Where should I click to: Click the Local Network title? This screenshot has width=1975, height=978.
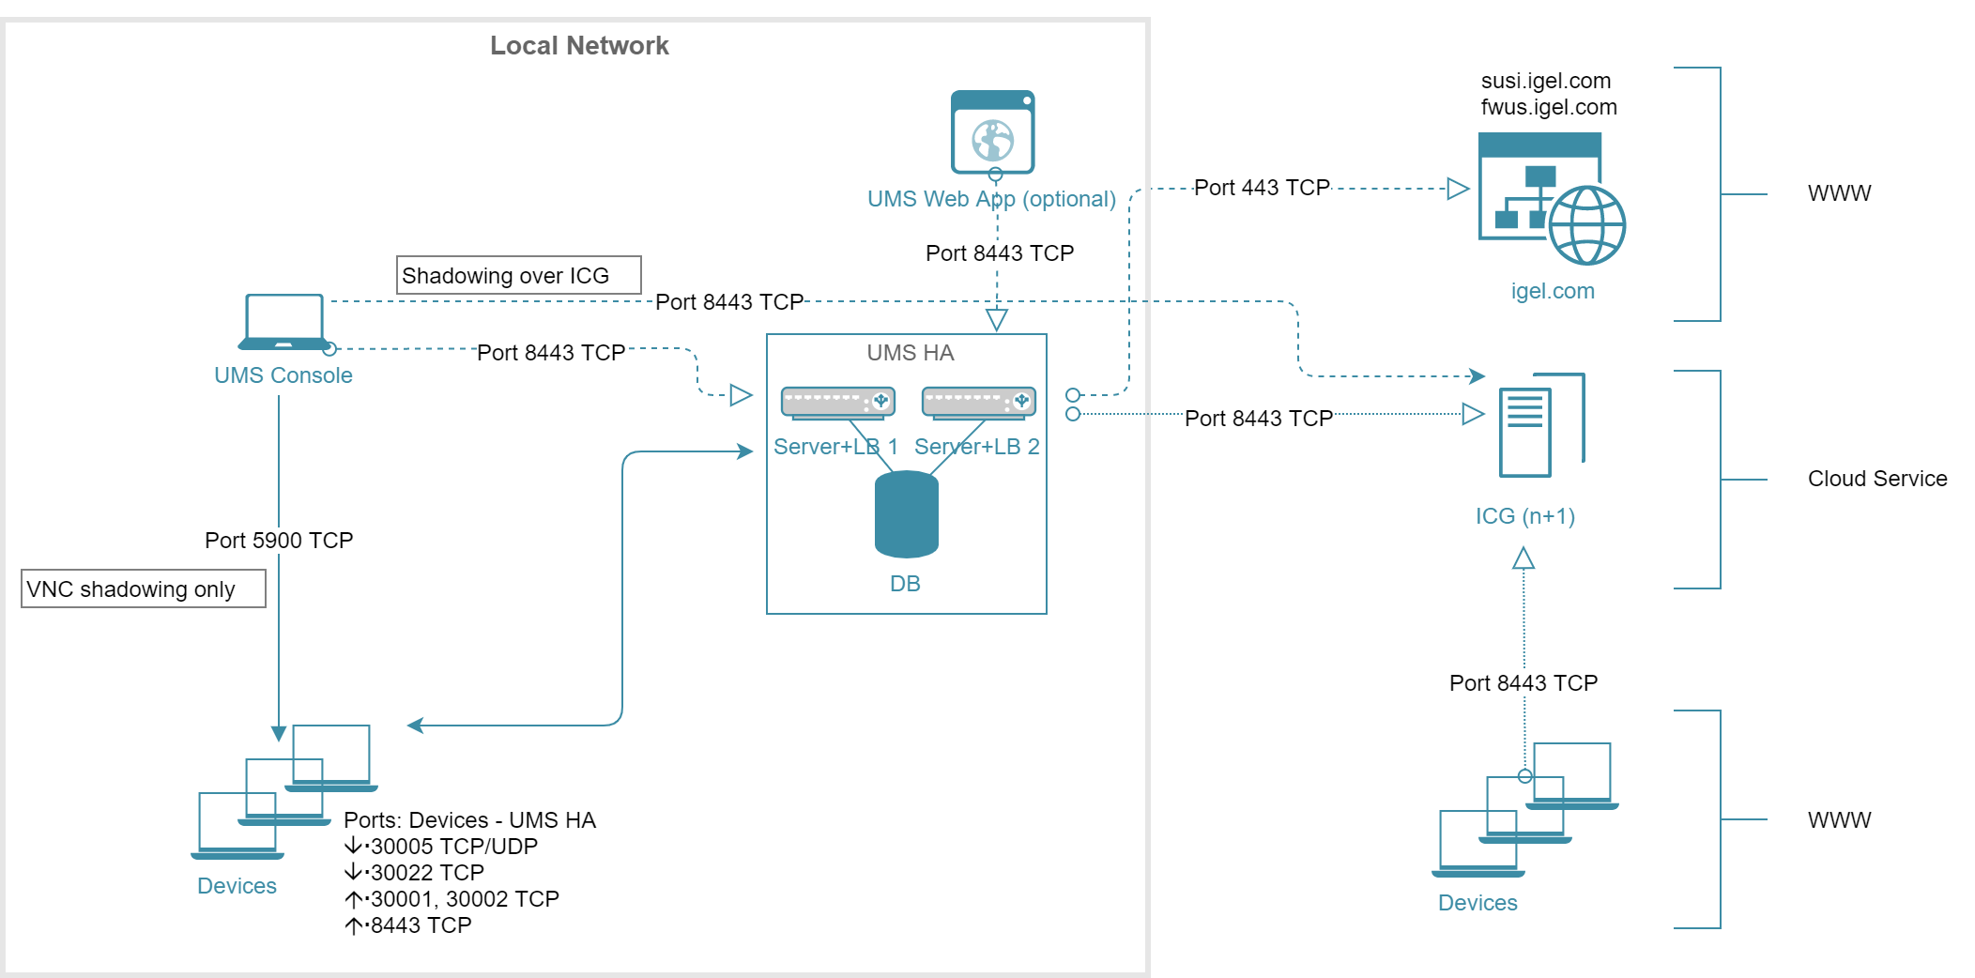pyautogui.click(x=579, y=46)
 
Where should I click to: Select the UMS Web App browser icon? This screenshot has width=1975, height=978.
pyautogui.click(x=992, y=132)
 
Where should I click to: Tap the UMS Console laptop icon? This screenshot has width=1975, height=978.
pyautogui.click(x=283, y=322)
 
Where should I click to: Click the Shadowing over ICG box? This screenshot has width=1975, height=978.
pyautogui.click(x=518, y=275)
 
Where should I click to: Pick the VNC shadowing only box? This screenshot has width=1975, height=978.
pyautogui.click(x=143, y=588)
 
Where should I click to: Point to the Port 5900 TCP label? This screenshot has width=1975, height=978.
pyautogui.click(x=279, y=541)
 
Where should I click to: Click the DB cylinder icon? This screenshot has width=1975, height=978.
pyautogui.click(x=906, y=514)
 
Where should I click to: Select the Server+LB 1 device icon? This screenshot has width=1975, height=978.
pyautogui.click(x=837, y=402)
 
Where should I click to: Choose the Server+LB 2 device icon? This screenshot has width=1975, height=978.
pyautogui.click(x=978, y=402)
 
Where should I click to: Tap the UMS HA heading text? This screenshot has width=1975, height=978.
pyautogui.click(x=910, y=353)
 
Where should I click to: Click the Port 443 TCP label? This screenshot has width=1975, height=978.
pyautogui.click(x=1262, y=188)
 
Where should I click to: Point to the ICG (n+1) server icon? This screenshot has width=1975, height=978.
pyautogui.click(x=1540, y=426)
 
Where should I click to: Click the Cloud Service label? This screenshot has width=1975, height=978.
pyautogui.click(x=1877, y=479)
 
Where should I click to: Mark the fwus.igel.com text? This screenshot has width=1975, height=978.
pyautogui.click(x=1549, y=107)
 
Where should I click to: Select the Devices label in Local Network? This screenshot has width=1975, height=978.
pyautogui.click(x=237, y=886)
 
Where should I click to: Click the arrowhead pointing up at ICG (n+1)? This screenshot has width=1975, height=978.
pyautogui.click(x=1523, y=559)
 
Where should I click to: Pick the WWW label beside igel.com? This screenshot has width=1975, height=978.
pyautogui.click(x=1839, y=193)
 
